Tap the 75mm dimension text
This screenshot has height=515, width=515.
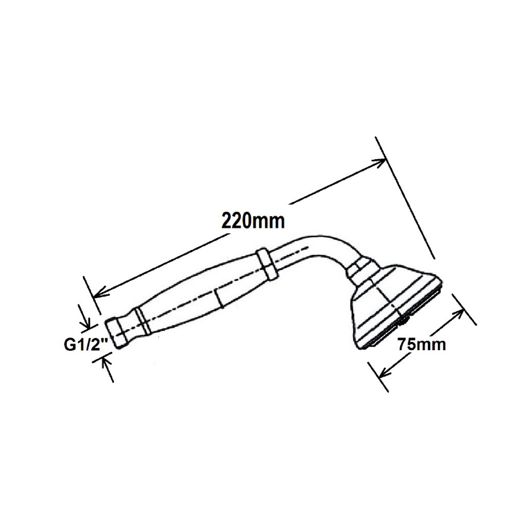pos(422,345)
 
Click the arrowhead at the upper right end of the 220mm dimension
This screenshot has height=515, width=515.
pos(379,162)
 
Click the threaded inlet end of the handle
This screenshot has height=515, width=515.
pos(116,333)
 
